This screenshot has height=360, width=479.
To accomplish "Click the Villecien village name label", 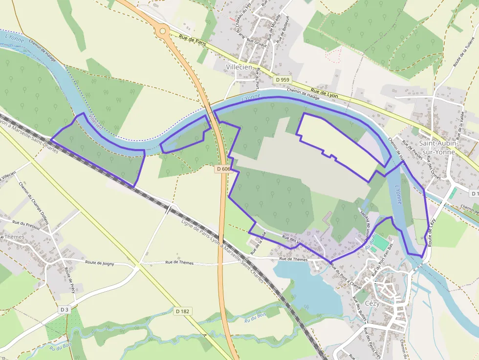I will [x=239, y=67].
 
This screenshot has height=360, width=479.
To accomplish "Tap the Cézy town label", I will [x=372, y=303].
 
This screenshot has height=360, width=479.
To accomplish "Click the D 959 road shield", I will [x=283, y=80].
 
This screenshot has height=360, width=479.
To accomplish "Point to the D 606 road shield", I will [x=223, y=169].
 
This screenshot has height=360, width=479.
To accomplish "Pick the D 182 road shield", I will [x=183, y=311].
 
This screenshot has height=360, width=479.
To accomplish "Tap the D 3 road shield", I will [x=65, y=310].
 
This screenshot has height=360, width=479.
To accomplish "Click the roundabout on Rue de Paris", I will [x=163, y=31].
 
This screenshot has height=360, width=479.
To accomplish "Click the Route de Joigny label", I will [x=100, y=263].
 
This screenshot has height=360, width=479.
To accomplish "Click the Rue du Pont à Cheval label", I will [x=346, y=275].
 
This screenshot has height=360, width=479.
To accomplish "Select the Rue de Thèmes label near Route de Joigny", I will [x=179, y=263].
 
